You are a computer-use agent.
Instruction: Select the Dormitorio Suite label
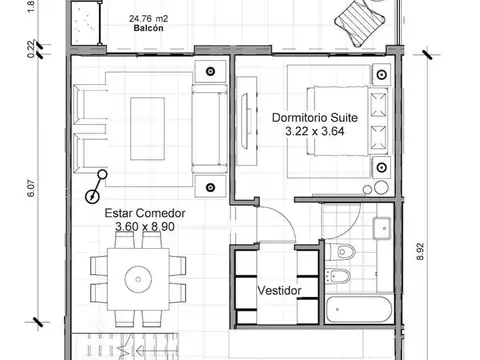click(x=314, y=117)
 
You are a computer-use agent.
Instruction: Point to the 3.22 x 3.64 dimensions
click(x=314, y=130)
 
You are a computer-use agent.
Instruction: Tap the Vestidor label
click(x=280, y=291)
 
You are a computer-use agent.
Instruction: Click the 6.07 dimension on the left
click(x=31, y=190)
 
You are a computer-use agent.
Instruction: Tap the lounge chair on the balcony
click(x=358, y=16)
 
